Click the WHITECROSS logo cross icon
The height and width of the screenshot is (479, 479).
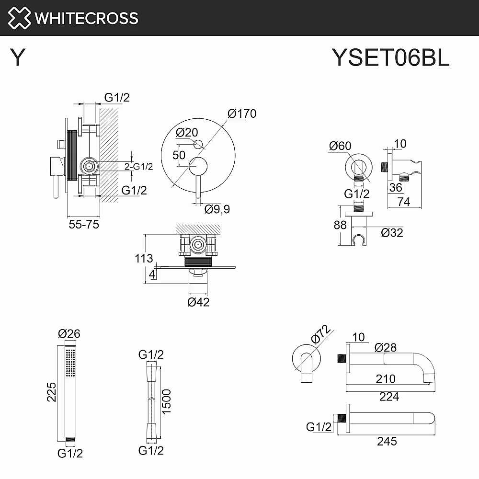pos(19,18)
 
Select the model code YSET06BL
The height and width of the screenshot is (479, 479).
pos(390,57)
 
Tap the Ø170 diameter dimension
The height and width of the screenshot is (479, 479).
pos(242,114)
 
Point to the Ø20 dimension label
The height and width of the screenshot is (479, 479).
pos(187,133)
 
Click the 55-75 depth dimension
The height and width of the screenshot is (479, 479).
pos(84,225)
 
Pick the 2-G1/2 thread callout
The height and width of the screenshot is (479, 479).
pos(138,167)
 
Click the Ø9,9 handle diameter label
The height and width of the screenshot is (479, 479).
pos(217,209)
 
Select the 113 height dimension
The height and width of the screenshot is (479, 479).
pos(144,259)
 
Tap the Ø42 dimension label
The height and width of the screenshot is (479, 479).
pos(198,302)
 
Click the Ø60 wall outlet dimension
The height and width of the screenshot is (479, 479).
pos(340,146)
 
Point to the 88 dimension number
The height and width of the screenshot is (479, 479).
pos(340,225)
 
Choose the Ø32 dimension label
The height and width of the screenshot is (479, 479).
pos(392,233)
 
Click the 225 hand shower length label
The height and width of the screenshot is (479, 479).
pos(52,392)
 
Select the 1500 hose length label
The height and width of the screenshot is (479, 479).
pos(166,402)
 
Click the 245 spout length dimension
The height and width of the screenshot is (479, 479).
pos(387,442)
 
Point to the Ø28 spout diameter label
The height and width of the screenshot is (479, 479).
pos(386,348)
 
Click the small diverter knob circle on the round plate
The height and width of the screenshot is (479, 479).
pos(198,144)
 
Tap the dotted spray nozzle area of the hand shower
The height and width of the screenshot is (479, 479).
pos(70,363)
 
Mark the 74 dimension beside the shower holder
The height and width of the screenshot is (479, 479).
pos(403,202)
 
